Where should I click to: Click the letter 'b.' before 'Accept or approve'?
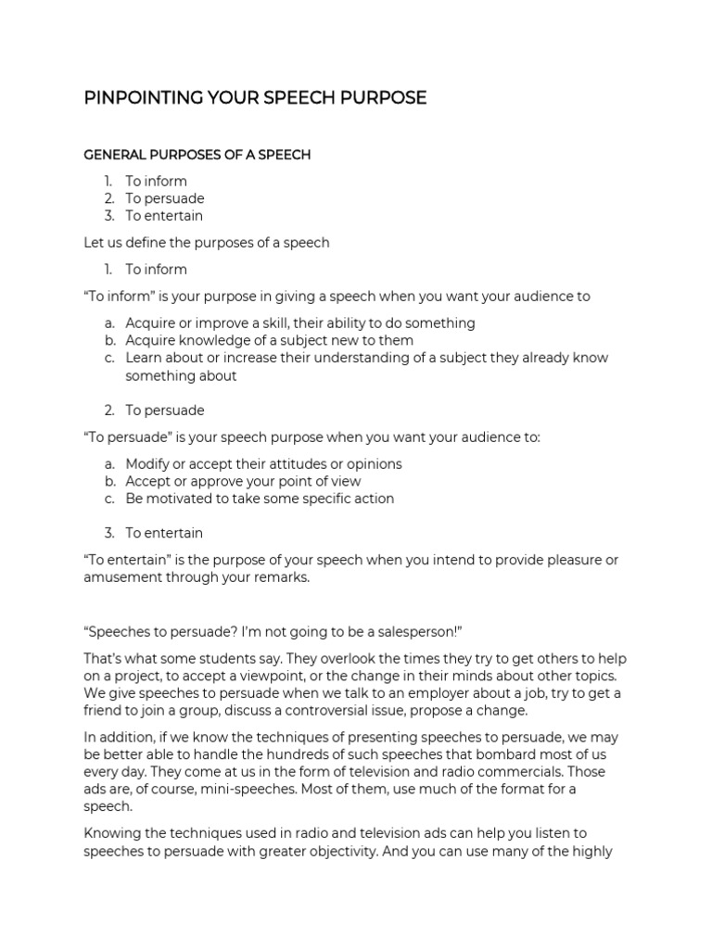[109, 482]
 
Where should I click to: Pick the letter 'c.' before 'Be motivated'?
[109, 499]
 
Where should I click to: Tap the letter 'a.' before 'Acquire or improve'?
[109, 323]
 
